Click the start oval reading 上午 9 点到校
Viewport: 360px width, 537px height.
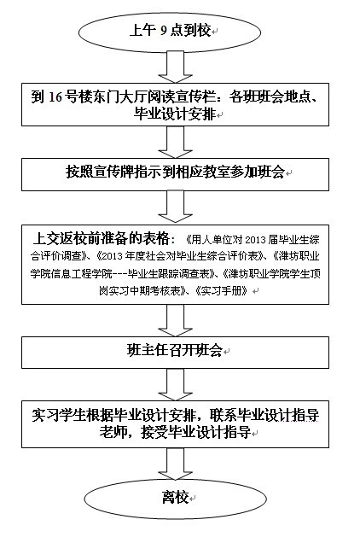pos(170,32)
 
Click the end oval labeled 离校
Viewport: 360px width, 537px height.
pos(175,499)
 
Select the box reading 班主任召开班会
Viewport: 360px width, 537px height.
pos(175,353)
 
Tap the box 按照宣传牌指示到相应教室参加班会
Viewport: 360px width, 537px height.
pos(175,174)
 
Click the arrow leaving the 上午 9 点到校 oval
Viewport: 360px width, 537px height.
pos(175,67)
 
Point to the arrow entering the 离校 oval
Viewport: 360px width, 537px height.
pos(175,464)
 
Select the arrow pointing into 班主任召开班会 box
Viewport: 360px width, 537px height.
pos(175,320)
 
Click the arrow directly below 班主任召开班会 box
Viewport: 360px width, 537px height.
pos(175,385)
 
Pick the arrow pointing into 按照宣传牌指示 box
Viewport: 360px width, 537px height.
pos(175,143)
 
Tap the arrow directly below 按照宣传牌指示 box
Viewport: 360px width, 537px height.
pos(175,207)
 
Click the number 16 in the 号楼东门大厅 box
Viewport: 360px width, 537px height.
pos(55,97)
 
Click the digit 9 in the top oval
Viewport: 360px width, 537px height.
pos(164,32)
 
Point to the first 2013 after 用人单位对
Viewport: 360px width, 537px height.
pos(256,240)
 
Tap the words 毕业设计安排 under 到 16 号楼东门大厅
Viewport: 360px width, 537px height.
pos(174,114)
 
